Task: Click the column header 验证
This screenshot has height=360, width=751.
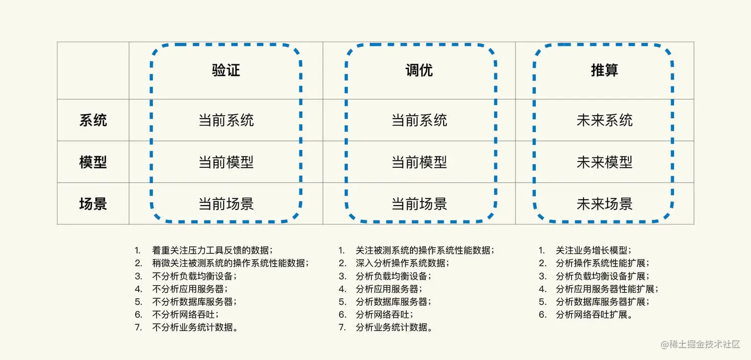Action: coord(226,71)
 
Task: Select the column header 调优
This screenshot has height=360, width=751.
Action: coord(419,71)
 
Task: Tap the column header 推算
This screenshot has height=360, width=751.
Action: coord(604,71)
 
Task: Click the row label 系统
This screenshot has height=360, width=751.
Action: coord(93,120)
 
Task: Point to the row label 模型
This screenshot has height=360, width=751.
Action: coord(93,162)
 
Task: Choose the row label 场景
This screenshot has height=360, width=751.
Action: coord(93,204)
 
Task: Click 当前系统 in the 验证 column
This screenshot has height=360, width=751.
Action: coord(226,120)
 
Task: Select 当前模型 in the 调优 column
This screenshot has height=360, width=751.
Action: coord(419,162)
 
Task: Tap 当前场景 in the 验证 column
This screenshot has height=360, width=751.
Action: coord(226,204)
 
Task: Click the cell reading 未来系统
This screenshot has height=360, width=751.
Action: coord(604,120)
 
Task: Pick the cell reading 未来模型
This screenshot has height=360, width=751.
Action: coord(604,162)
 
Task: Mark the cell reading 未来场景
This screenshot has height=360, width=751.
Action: coord(604,204)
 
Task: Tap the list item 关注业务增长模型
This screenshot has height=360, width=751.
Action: coord(594,250)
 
